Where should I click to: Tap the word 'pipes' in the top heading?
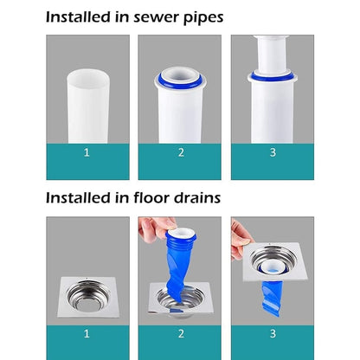coord(203,18)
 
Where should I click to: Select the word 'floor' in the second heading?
coord(151,197)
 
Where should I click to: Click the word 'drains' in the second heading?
coord(197,197)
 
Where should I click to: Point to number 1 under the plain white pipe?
coord(87,152)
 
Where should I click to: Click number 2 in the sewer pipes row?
coord(181,152)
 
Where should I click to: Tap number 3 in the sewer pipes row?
coord(273,152)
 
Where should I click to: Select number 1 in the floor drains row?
coord(87,334)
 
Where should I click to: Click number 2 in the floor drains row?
coord(181,334)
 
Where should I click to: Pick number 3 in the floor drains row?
coord(273,334)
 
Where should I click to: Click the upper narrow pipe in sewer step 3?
coord(272,54)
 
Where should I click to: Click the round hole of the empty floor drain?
coord(88,297)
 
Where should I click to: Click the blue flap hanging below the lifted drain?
coord(271,298)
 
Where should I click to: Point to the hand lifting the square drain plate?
coord(240,240)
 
